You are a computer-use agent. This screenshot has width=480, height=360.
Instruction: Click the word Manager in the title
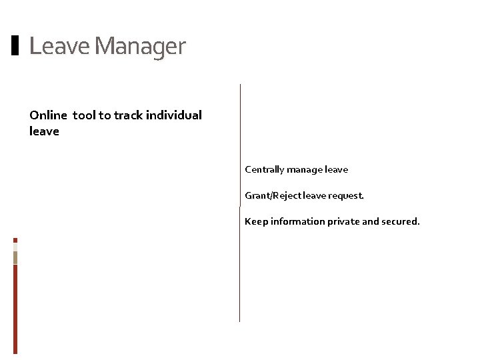140,46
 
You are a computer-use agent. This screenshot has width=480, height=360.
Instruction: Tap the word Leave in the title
60,46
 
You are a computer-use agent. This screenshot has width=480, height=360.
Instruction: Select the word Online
48,115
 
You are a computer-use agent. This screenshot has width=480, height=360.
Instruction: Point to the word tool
84,115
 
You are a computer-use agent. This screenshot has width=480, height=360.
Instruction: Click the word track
129,115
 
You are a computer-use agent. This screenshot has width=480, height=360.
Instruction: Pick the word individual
174,115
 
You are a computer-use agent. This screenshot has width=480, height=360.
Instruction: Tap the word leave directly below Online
44,131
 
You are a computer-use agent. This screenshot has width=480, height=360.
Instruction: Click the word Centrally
265,170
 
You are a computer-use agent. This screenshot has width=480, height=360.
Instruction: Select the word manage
305,170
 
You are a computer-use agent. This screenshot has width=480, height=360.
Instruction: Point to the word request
346,196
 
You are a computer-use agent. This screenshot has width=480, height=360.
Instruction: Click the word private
343,221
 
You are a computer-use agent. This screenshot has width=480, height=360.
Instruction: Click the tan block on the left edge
15,257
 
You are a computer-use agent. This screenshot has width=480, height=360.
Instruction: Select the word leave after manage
336,170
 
